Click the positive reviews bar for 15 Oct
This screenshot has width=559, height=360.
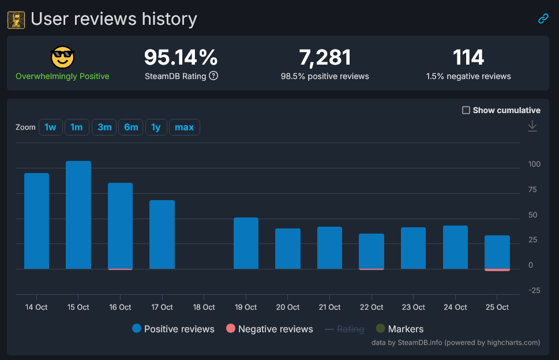point(78,215)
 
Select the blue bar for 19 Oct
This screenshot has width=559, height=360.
point(246,243)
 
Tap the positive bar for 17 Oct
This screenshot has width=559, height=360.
point(162,234)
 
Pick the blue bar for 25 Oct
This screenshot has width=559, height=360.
point(497,252)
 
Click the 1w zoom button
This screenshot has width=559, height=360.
point(51,127)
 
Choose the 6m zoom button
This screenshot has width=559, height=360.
point(131,127)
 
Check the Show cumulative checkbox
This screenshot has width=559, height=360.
point(466,110)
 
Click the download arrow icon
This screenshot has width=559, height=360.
point(532,126)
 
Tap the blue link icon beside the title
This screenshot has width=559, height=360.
point(543,18)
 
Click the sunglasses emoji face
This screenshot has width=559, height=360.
point(62,57)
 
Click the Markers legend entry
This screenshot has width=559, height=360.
point(399,329)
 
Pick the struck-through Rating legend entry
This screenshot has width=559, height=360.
point(344,329)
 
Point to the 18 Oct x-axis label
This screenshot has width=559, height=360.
point(204,307)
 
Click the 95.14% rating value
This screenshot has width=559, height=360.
point(181,57)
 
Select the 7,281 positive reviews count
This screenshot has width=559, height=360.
point(325,57)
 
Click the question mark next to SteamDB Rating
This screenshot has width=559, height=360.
point(213,76)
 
